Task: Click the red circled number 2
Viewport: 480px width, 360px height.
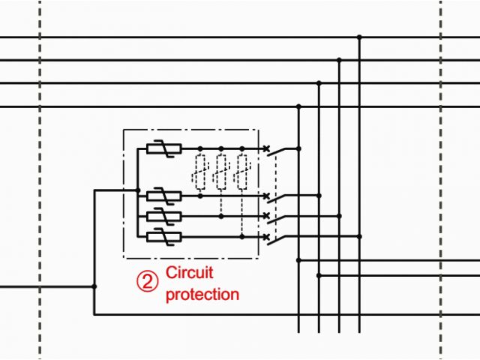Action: click(148, 280)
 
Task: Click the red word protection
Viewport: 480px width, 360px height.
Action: click(202, 294)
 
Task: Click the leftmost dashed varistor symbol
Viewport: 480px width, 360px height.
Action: click(200, 172)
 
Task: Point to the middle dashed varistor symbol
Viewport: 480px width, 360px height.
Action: click(221, 172)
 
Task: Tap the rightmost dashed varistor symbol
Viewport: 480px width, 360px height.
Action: click(241, 172)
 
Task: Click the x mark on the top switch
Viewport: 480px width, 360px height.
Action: click(266, 149)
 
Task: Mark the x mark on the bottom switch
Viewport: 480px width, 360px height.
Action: click(266, 237)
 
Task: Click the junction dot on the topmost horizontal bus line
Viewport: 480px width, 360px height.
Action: click(359, 37)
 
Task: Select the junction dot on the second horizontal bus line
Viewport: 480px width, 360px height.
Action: click(340, 60)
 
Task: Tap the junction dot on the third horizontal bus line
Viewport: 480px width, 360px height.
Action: click(319, 83)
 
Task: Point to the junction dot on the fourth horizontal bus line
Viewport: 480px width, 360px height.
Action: click(299, 106)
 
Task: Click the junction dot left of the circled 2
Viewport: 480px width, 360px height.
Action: click(94, 286)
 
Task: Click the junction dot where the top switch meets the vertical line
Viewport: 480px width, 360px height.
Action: click(299, 148)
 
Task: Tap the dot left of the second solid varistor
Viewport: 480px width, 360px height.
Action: click(138, 190)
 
